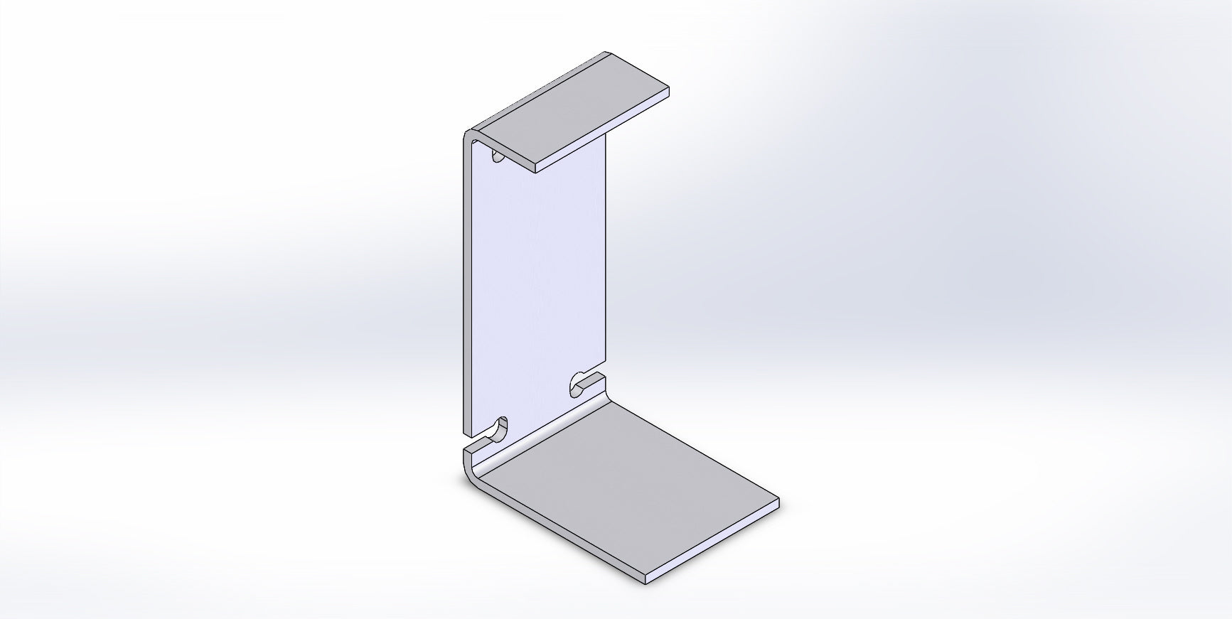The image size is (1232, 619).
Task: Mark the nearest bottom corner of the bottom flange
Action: point(646,581)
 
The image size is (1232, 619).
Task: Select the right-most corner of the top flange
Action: point(669,90)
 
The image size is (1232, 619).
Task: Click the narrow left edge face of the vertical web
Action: point(467,284)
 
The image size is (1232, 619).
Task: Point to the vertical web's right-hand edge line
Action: point(606,256)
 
